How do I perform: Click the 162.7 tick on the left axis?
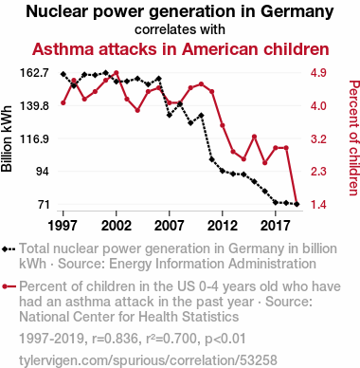coord(35,73)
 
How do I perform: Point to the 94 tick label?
coord(43,172)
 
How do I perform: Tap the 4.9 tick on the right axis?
coord(318,73)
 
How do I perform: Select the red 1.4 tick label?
coord(318,205)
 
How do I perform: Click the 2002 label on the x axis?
coord(117,226)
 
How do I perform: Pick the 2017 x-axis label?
coord(276,226)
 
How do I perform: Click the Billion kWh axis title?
coord(7,138)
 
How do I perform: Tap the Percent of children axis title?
coord(353,138)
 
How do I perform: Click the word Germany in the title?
coord(297,12)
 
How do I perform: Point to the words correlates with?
coord(180,29)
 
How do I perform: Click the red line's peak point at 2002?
coord(117,73)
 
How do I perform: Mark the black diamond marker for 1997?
coord(63,74)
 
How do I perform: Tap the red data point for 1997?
coord(63,102)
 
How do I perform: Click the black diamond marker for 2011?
coord(212,159)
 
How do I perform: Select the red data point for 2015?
coord(254,137)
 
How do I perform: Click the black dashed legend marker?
coord(9,249)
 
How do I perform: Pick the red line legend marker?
coord(9,286)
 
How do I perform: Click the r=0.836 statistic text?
coord(116,339)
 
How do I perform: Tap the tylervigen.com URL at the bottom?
coord(148,360)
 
